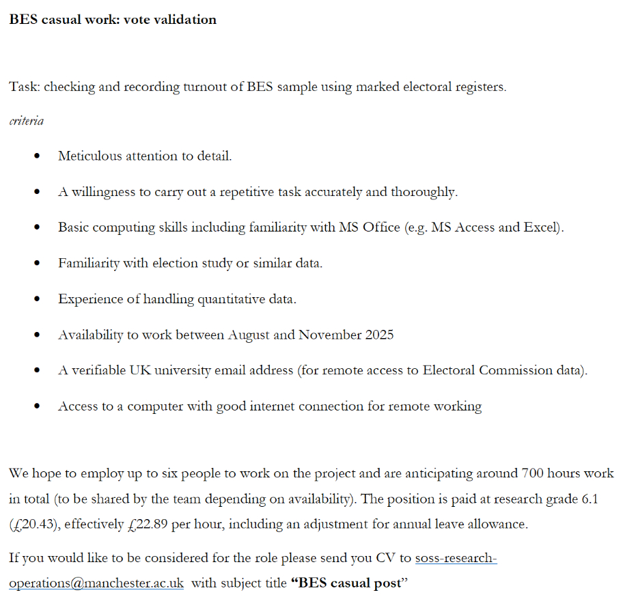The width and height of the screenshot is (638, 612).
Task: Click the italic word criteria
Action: pos(26,121)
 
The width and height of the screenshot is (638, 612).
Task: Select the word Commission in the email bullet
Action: pos(510,370)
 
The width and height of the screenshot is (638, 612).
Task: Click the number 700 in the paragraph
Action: pos(532,473)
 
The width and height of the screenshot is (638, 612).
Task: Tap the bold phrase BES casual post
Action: pos(349,585)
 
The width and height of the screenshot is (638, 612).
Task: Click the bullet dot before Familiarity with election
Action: pos(37,264)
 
